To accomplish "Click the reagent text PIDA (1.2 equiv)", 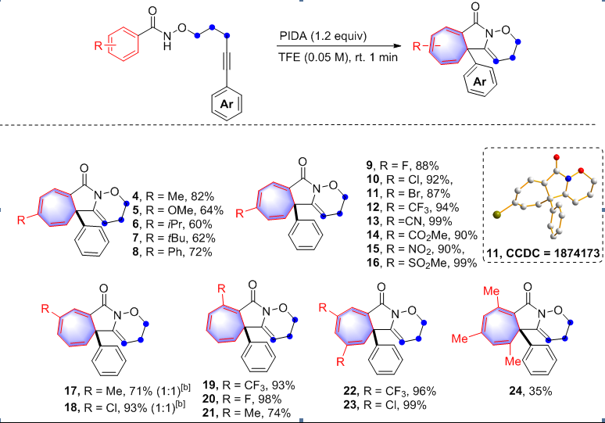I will [x=324, y=37].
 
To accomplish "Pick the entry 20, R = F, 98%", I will [x=241, y=399].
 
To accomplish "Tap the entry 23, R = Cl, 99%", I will [x=391, y=405].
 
